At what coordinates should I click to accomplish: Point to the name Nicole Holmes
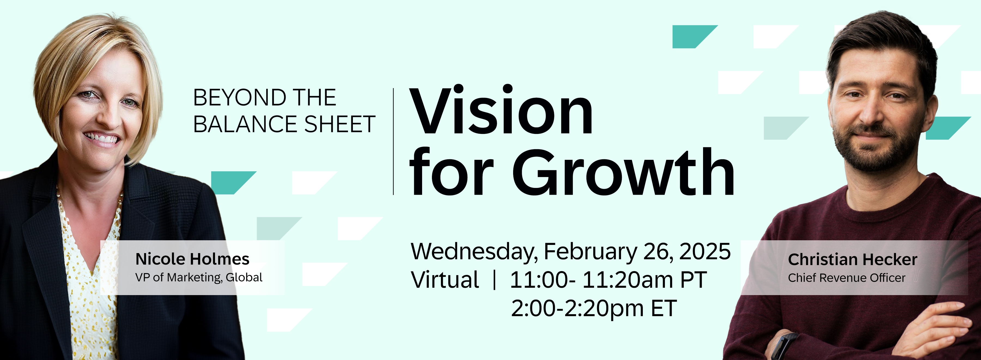(192, 259)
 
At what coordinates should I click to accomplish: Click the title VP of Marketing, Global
(199, 277)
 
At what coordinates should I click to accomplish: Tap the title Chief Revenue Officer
(847, 278)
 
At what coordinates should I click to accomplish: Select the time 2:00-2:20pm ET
(594, 308)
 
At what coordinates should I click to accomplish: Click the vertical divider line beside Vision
(393, 141)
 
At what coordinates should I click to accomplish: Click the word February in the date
(590, 252)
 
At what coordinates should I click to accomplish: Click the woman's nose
(110, 116)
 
